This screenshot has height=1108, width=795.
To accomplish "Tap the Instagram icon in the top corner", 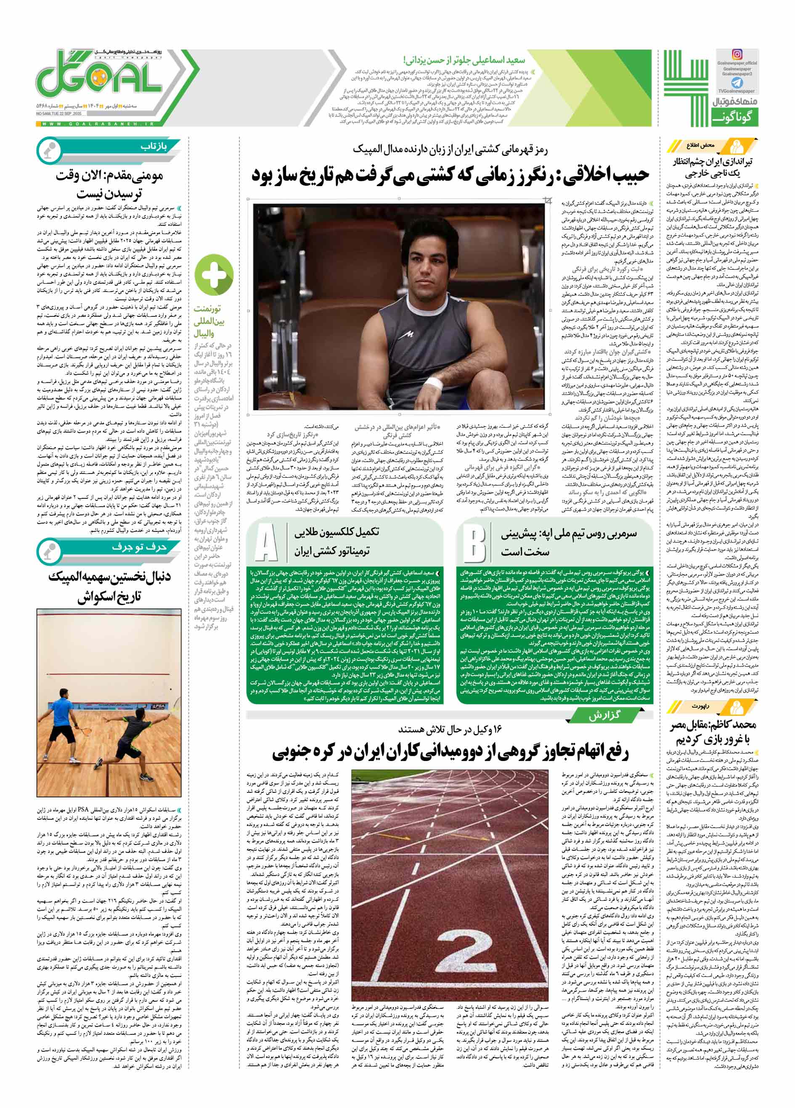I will click(737, 55).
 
